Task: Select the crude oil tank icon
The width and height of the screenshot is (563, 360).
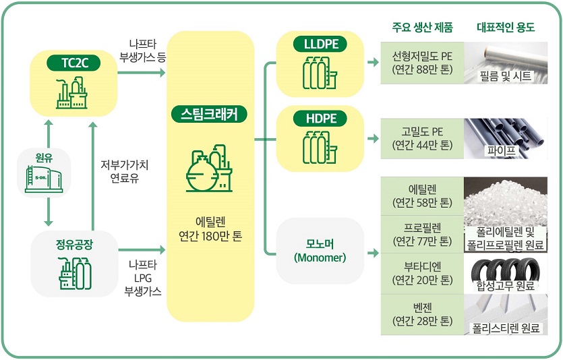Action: tap(44, 179)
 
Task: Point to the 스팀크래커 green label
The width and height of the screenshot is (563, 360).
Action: tap(209, 114)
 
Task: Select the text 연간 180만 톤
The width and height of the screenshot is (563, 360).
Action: tap(210, 237)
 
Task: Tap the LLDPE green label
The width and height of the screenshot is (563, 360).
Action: tap(320, 45)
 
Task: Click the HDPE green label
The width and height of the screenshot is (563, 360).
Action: tap(320, 119)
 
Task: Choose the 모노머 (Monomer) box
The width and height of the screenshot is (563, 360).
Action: tap(320, 250)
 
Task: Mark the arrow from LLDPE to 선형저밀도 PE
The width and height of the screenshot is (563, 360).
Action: tap(372, 63)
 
